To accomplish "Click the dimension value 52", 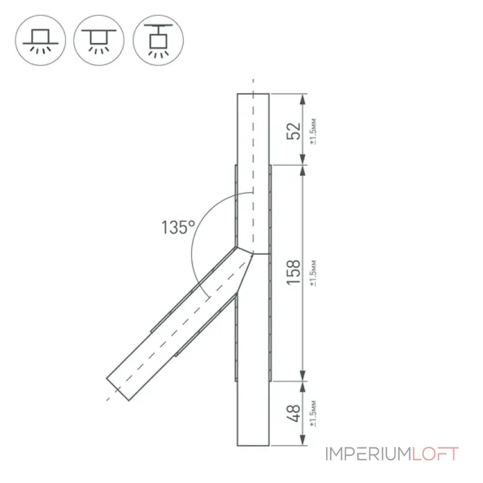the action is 293,131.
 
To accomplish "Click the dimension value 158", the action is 293,272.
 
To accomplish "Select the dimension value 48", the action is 293,413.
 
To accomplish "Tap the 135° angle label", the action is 178,228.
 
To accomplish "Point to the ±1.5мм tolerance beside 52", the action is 313,131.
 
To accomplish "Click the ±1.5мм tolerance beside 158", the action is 313,273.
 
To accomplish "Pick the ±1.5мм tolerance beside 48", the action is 313,413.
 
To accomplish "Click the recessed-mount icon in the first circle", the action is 40,40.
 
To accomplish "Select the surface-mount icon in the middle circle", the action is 99,40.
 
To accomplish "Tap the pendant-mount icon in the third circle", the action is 158,40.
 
